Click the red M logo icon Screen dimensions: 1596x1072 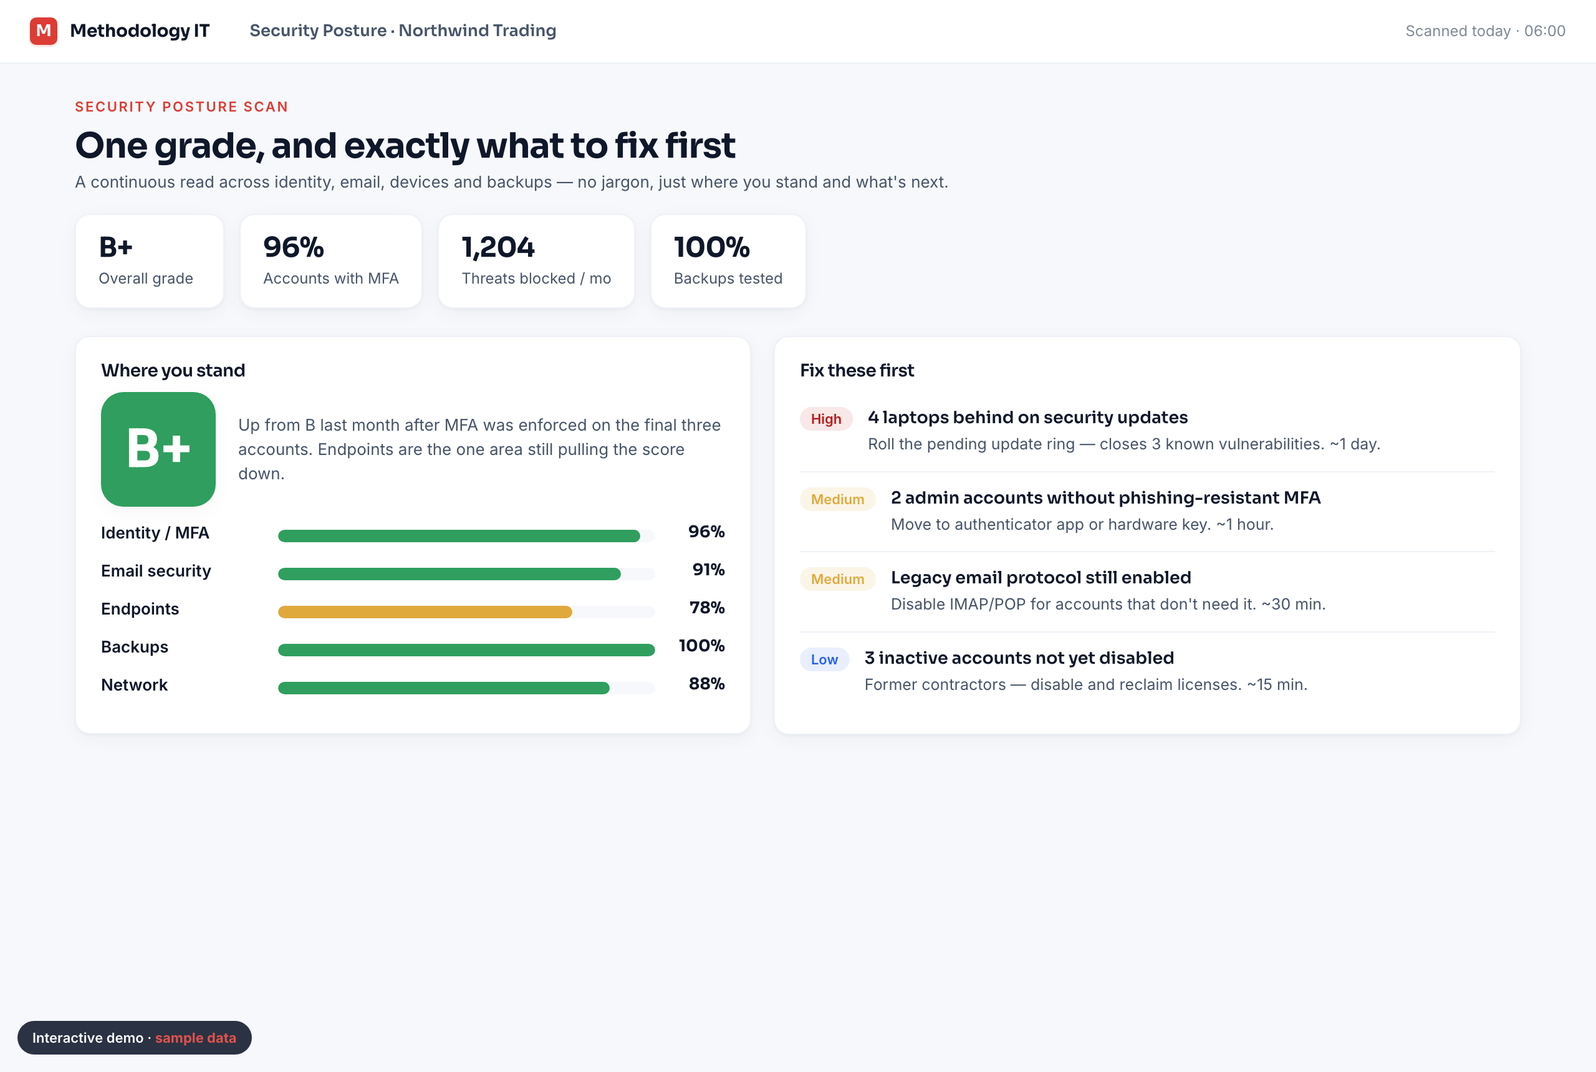tap(43, 31)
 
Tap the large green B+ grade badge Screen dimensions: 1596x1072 tap(158, 449)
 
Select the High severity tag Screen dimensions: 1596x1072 tap(826, 419)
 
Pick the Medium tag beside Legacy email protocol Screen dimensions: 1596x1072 tap(838, 579)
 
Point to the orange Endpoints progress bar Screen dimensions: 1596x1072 tap(425, 612)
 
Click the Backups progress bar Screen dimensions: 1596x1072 tap(466, 650)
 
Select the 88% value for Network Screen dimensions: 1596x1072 tap(706, 684)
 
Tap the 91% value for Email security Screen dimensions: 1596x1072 tap(708, 570)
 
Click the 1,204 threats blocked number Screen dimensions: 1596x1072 tap(498, 247)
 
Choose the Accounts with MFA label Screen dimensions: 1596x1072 tap(331, 278)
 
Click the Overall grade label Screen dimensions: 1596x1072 tap(146, 278)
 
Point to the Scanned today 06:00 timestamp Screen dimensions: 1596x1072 tap(1485, 31)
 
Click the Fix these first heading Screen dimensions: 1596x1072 tap(857, 371)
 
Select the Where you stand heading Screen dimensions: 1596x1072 tap(173, 371)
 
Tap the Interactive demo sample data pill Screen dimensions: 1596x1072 tap(135, 1038)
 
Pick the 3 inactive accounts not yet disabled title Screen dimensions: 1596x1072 tap(1019, 658)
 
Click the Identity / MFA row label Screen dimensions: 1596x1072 tap(155, 533)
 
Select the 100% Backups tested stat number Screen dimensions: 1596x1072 tap(712, 247)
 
